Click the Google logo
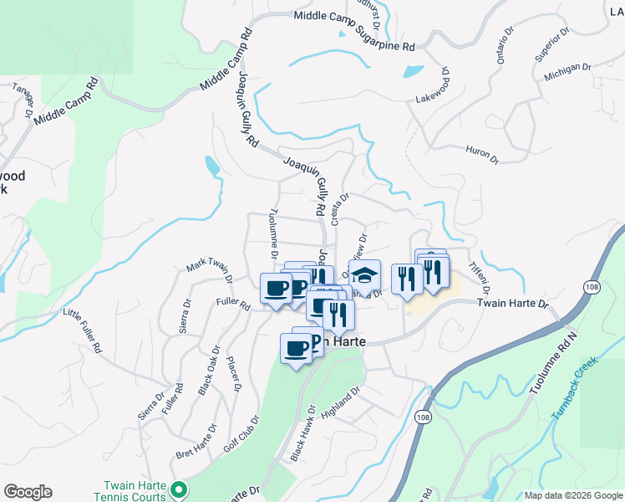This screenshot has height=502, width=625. (28, 492)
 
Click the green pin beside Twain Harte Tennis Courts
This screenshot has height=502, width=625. (176, 489)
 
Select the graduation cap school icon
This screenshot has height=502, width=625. (364, 274)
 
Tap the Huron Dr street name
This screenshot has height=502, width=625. (481, 154)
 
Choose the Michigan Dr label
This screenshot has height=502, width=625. (567, 71)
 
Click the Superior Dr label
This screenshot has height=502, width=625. (552, 44)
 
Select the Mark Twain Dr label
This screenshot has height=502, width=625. (209, 267)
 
